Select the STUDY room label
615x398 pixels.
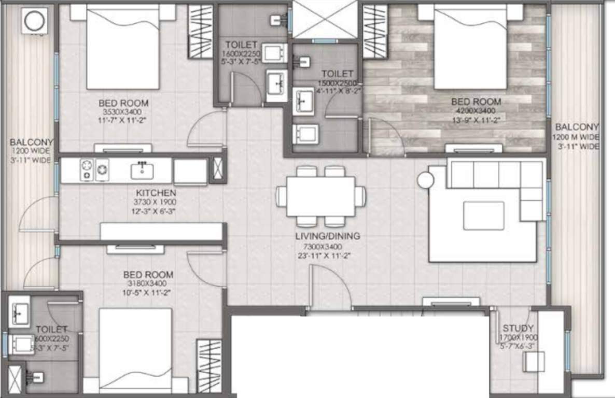click(518, 328)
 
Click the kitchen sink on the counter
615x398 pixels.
click(142, 170)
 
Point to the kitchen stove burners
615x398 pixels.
click(94, 170)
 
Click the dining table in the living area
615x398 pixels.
click(320, 196)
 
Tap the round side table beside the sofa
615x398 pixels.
click(426, 180)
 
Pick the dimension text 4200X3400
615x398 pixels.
click(476, 111)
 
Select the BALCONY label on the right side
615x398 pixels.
click(577, 127)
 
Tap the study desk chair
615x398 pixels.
click(534, 361)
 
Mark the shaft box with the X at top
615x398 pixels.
click(325, 20)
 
